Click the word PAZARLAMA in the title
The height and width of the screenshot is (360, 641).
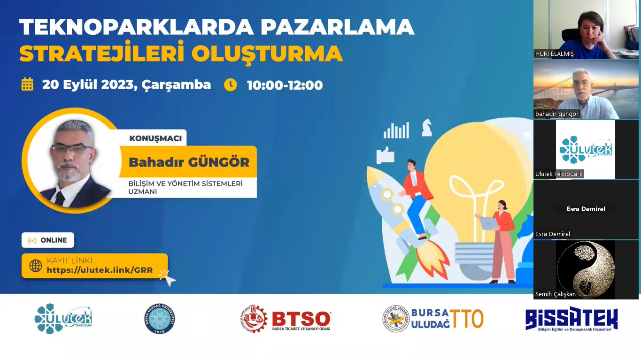(337, 27)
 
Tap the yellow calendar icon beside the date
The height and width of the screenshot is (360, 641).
(27, 84)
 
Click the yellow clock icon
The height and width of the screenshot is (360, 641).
(231, 85)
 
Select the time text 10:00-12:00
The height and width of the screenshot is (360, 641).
(285, 85)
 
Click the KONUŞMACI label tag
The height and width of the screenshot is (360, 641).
(155, 138)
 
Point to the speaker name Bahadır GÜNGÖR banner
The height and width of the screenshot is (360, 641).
(188, 162)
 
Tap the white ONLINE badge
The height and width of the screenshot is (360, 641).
(48, 240)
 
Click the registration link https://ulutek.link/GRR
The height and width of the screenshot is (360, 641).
(100, 270)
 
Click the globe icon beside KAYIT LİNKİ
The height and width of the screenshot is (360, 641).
(36, 266)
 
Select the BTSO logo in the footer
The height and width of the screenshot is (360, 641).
(286, 319)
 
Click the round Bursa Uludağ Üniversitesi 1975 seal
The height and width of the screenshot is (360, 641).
(160, 319)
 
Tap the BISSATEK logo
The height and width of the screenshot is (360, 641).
(571, 319)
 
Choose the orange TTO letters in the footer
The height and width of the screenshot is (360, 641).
(467, 319)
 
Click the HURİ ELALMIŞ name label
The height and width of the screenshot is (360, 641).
(554, 54)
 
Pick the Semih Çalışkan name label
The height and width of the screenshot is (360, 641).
(556, 294)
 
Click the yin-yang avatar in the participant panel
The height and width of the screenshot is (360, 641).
(586, 270)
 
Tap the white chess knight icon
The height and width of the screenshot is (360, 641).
(427, 128)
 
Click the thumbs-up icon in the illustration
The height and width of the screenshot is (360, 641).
(385, 155)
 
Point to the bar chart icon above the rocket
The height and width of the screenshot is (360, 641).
(396, 130)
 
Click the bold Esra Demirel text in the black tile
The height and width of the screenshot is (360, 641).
(586, 209)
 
